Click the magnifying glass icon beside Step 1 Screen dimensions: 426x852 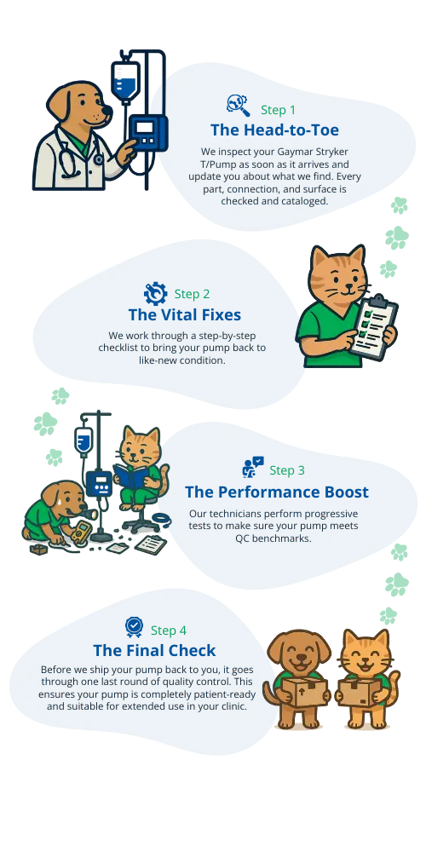coord(238,106)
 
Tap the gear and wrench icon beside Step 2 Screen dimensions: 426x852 coord(155,293)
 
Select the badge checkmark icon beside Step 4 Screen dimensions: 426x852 coord(134,627)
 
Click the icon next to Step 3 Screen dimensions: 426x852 coord(253,467)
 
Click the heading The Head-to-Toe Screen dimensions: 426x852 coord(274,130)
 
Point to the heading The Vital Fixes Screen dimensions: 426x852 coord(185,314)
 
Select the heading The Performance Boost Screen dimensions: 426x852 coord(277,492)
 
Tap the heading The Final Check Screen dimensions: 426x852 coord(154,650)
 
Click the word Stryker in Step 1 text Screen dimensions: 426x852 coord(331,151)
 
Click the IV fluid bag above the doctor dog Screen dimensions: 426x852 coord(125,80)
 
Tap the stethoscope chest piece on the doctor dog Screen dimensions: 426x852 coord(98,159)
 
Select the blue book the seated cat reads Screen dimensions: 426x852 coord(130,476)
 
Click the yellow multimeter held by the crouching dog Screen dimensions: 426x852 coord(79,532)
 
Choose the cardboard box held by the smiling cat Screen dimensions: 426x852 coord(358,692)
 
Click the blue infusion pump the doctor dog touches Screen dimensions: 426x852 coord(147,135)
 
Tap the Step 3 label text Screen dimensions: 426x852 coord(287,470)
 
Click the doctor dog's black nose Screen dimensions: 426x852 coord(107,111)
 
